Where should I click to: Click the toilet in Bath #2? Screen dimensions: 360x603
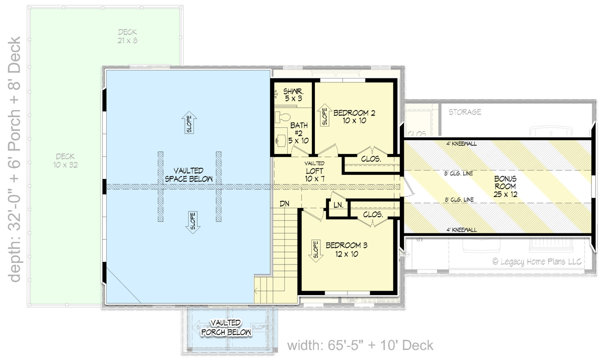[283, 118]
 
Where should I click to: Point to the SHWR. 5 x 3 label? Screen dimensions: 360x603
[293, 95]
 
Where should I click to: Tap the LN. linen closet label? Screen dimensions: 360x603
[337, 205]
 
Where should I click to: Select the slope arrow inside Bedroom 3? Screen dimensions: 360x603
[316, 250]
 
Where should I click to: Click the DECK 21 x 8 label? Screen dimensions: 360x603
[128, 36]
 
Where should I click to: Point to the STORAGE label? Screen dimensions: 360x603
[465, 112]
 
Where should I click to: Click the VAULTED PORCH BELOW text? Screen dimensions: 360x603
[225, 327]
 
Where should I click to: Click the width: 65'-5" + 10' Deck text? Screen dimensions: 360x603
[360, 345]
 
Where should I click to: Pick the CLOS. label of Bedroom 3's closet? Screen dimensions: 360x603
[373, 215]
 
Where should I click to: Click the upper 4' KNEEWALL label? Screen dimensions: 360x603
[461, 143]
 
